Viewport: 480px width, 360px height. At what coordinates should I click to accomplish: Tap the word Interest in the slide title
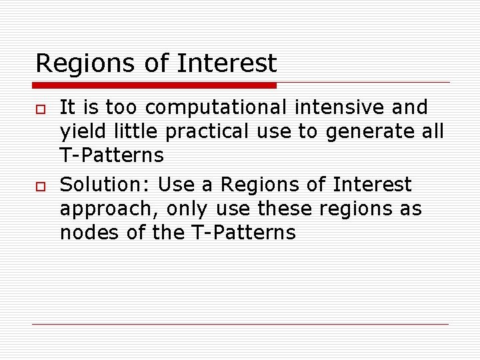pos(227,63)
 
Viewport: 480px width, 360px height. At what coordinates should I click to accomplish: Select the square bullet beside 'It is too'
pos(39,109)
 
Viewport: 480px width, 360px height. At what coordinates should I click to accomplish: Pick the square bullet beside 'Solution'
pos(39,185)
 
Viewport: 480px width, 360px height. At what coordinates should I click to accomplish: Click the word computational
pos(216,108)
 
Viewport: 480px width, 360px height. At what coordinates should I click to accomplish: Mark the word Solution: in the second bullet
pos(105,183)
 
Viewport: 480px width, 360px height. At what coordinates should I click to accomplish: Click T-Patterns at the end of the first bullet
pos(111,156)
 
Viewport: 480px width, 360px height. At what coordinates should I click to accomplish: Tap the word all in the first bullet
pos(431,132)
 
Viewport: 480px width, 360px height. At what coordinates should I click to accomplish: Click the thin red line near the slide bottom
pos(240,325)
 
